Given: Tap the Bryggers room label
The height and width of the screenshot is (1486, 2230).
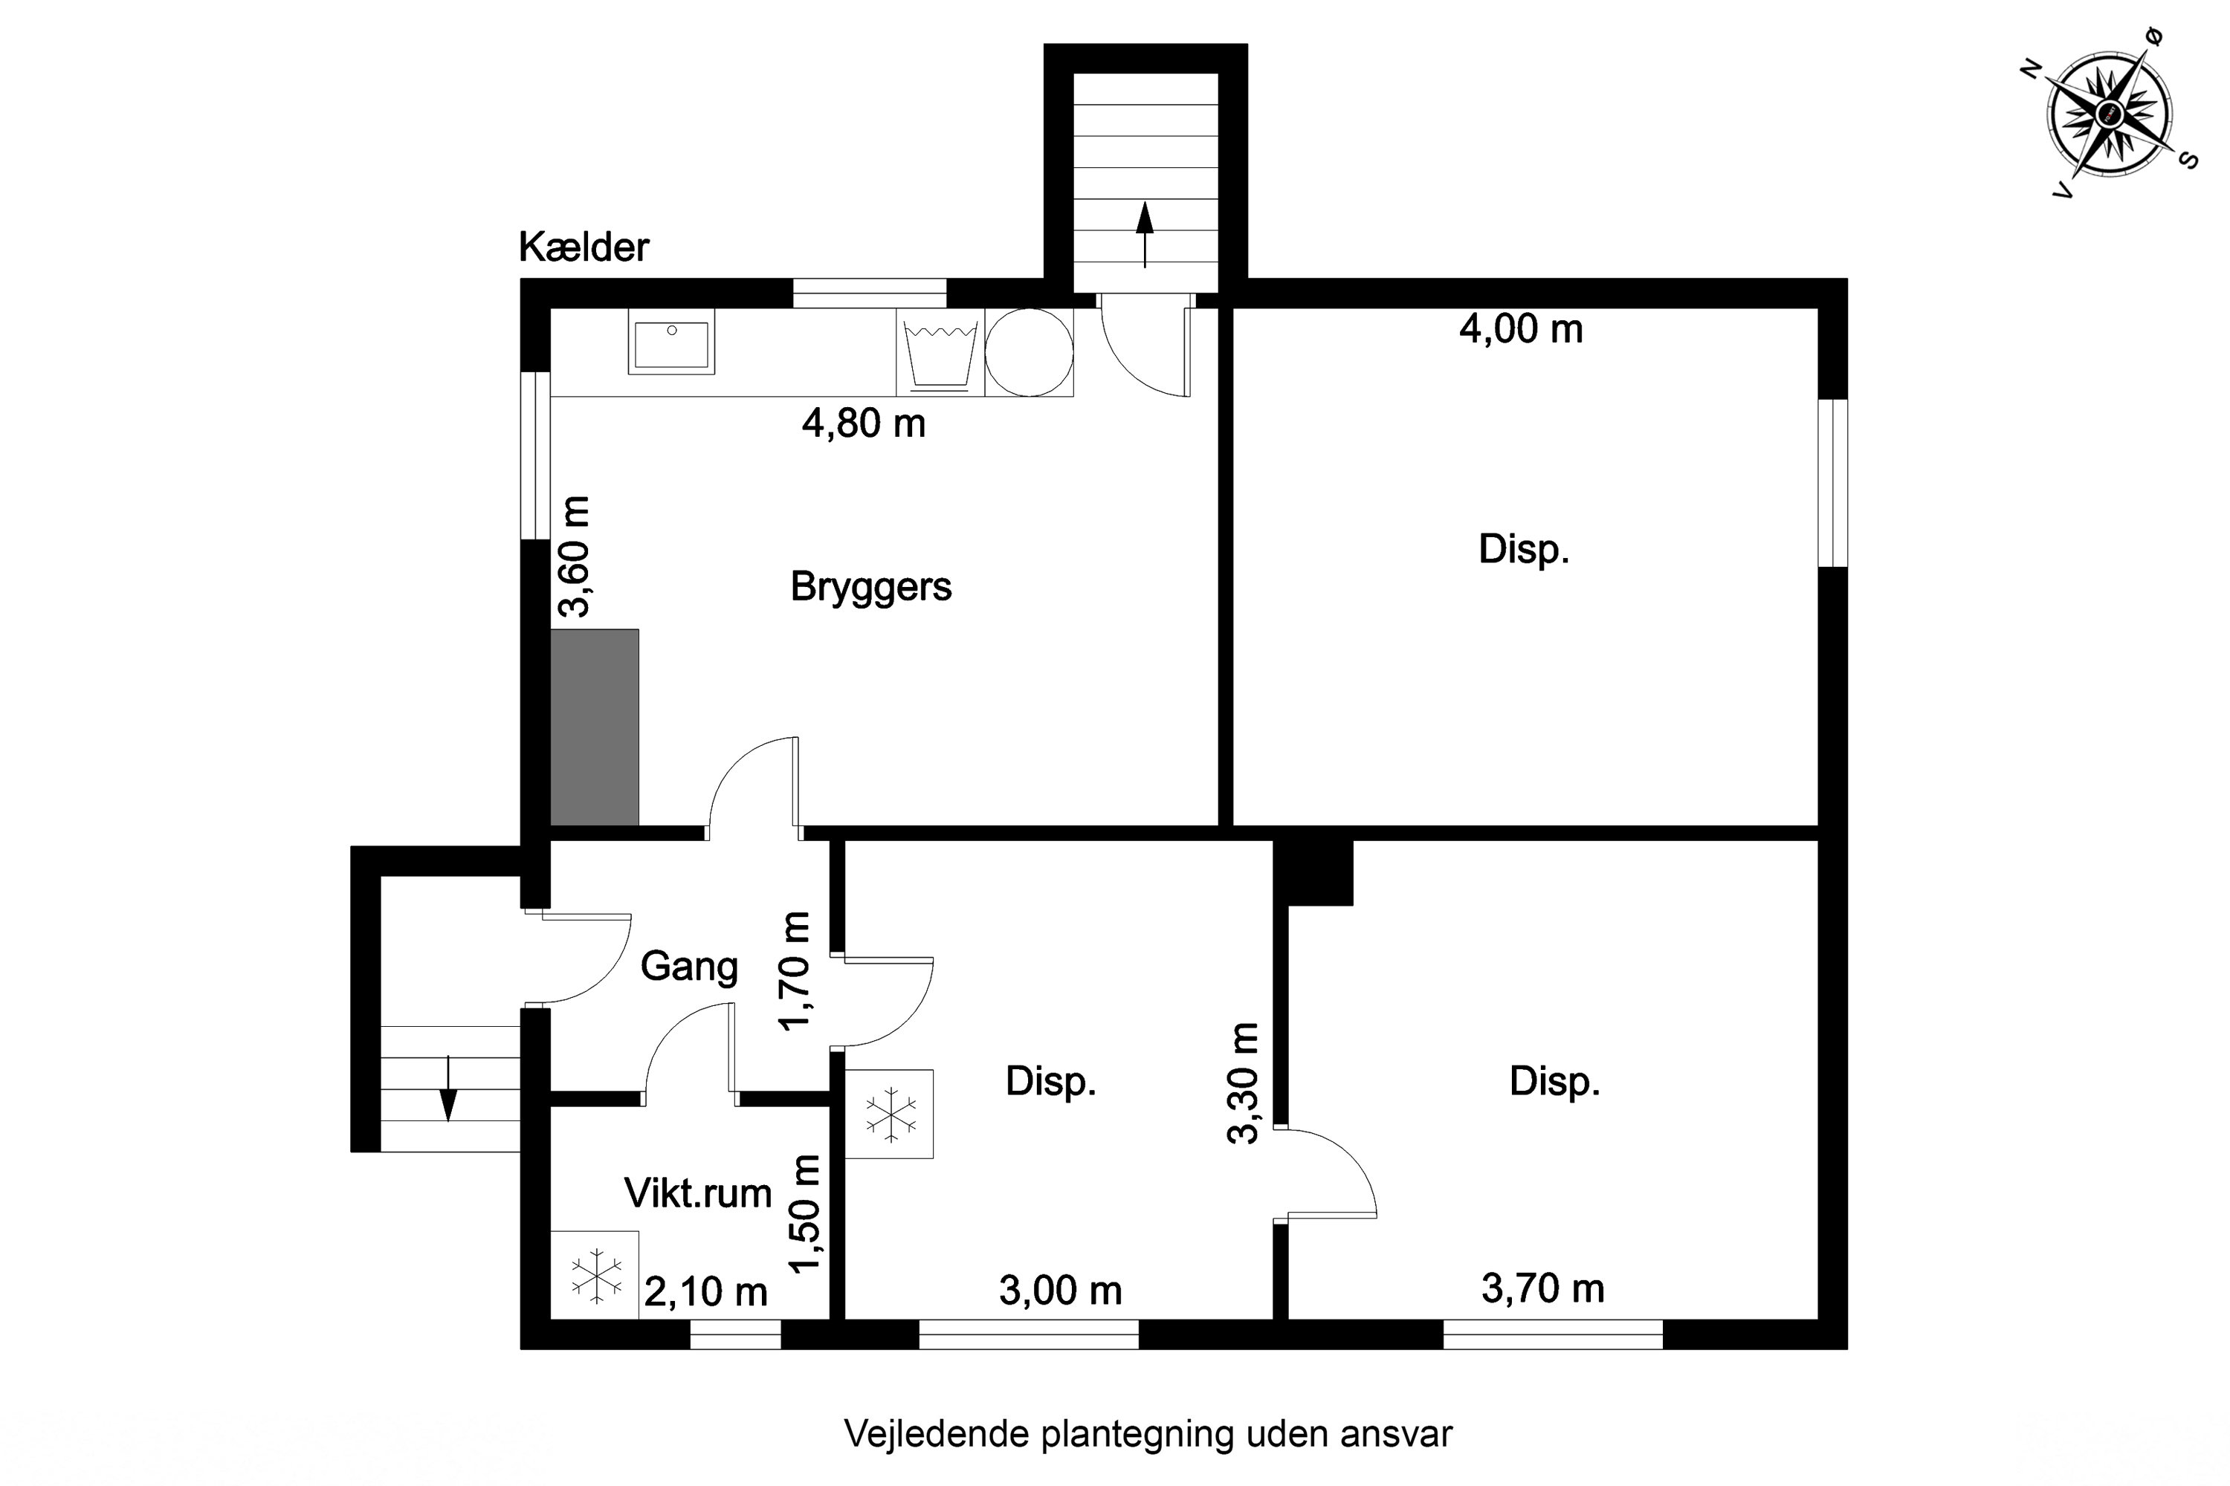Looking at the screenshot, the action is tap(870, 588).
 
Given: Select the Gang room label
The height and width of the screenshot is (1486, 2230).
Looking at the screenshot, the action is tap(689, 967).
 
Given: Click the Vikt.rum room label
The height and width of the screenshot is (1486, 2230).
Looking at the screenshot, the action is tap(698, 1193).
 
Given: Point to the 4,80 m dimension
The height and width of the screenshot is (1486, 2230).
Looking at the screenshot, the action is tap(864, 423).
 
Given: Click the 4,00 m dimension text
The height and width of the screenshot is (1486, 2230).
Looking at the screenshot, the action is tap(1521, 329).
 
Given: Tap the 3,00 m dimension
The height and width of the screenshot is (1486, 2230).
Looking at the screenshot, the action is tap(1060, 1291).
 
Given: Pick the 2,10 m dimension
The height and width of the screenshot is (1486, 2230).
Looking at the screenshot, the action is tap(705, 1292).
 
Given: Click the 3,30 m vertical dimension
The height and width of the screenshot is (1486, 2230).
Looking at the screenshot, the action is tap(1243, 1083).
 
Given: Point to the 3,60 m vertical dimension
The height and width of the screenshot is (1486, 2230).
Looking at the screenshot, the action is tap(574, 557).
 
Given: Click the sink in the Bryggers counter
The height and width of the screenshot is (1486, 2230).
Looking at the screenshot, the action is tap(671, 341).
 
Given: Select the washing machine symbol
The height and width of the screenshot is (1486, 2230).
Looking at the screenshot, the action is tap(940, 352).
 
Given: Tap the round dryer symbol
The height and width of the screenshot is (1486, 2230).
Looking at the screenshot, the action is tap(1029, 352).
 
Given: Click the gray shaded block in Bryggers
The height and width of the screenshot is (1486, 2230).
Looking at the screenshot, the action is tap(595, 727).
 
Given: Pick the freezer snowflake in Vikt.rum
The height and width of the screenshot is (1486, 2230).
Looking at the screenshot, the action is tap(598, 1275).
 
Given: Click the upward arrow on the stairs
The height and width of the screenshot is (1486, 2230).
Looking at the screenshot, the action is tap(1145, 234).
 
